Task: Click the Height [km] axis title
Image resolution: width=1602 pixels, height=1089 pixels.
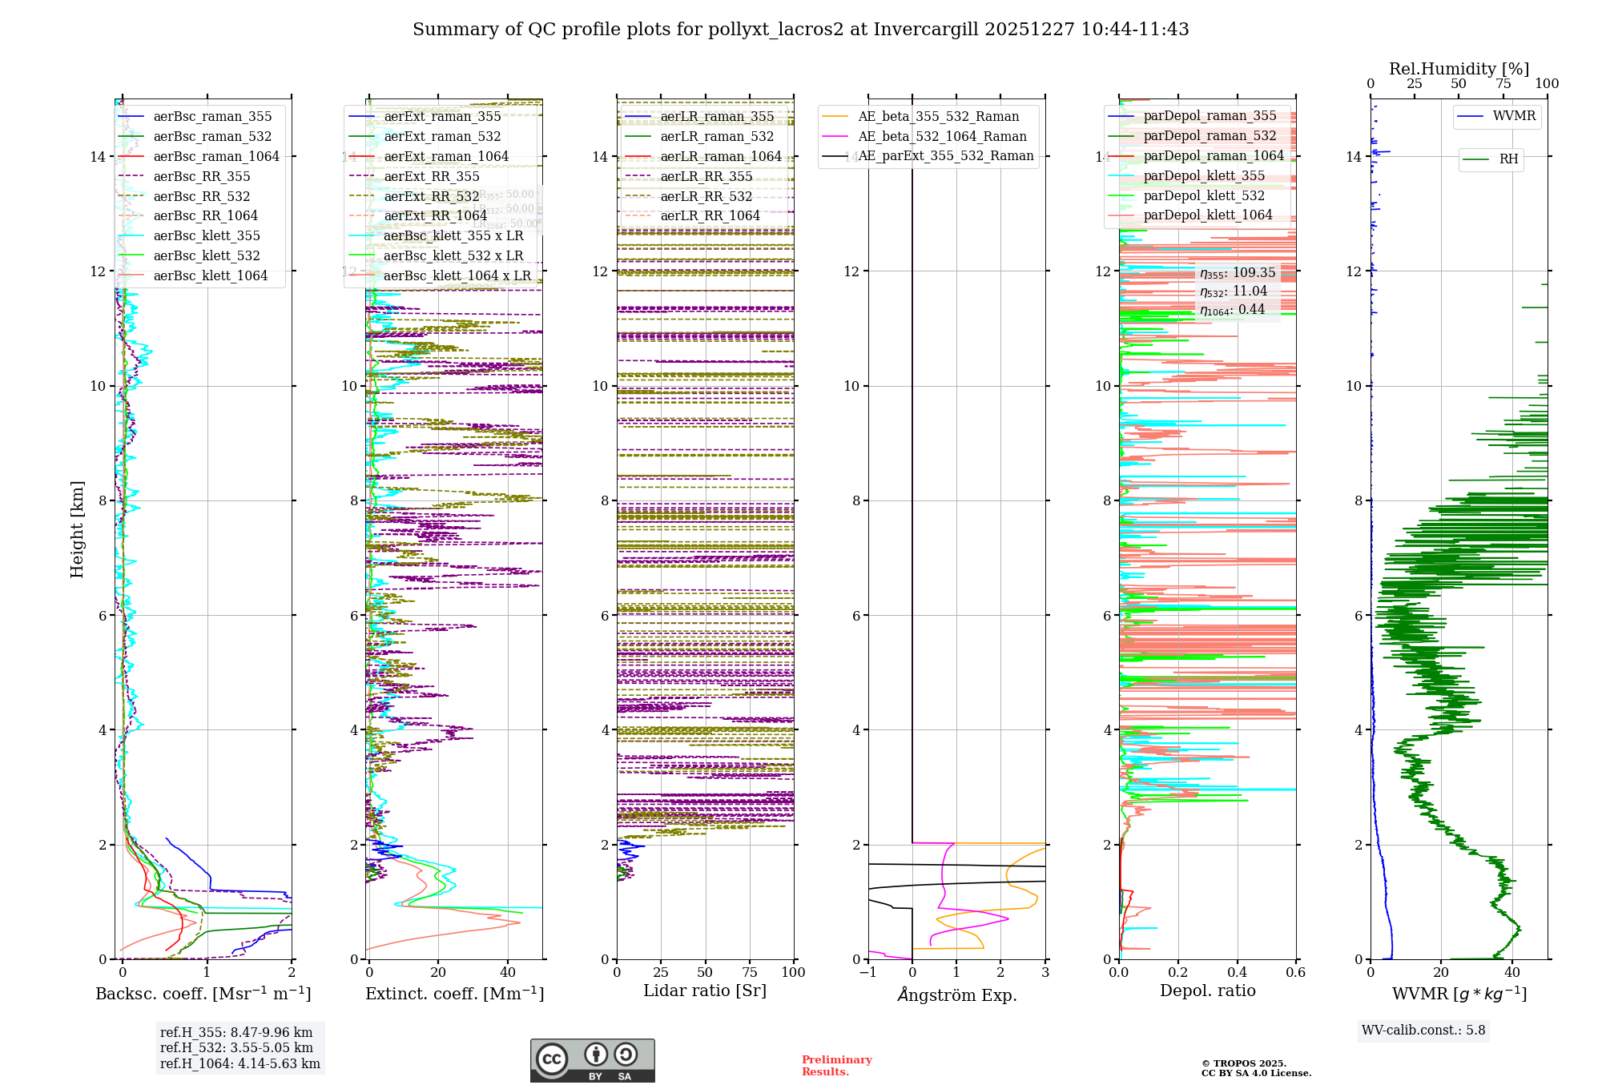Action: coord(77,529)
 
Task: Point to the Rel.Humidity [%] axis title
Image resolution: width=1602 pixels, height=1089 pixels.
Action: coord(1459,69)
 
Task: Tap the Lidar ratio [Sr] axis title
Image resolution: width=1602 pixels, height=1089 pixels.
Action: coord(705,991)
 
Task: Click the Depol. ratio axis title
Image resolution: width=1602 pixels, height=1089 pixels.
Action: coord(1207,991)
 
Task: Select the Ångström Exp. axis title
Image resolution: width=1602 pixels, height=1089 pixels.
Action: coord(956,995)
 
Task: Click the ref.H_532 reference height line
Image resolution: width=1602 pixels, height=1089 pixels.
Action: coord(236,1047)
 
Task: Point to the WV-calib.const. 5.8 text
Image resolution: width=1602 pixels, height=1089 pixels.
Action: coord(1423,1030)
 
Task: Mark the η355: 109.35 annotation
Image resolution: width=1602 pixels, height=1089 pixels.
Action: coord(1238,272)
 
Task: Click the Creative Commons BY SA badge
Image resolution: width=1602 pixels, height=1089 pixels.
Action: coord(592,1060)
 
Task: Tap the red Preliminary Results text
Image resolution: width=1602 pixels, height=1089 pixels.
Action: coord(836,1065)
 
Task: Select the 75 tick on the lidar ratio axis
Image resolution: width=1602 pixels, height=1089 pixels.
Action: coord(750,972)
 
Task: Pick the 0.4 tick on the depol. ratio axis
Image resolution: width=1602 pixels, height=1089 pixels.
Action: coord(1237,972)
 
